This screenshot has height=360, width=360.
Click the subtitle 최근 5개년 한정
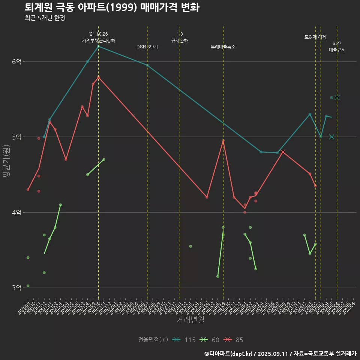click(45, 18)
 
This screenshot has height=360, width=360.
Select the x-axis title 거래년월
click(190, 319)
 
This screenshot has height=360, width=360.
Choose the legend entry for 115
click(184, 340)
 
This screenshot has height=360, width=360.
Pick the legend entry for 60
click(210, 340)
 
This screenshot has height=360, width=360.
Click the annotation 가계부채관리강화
click(99, 40)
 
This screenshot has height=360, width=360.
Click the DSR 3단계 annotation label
click(147, 47)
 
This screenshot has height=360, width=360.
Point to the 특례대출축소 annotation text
click(223, 47)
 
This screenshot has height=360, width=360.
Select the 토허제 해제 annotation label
click(315, 37)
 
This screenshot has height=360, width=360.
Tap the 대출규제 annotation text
click(337, 49)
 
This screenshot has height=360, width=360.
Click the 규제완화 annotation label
click(180, 40)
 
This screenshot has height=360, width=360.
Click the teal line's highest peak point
click(98, 46)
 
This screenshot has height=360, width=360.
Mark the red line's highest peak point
click(98, 77)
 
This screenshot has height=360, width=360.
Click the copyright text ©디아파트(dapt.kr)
click(229, 353)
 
